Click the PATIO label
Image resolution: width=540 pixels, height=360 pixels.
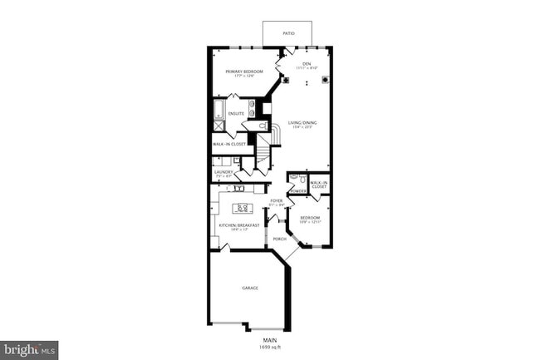(288, 33)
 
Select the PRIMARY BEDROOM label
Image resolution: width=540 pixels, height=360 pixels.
(244, 72)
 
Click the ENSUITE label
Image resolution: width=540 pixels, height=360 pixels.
(236, 113)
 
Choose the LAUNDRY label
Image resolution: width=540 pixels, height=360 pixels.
(223, 172)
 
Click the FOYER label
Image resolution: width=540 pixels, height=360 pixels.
(277, 200)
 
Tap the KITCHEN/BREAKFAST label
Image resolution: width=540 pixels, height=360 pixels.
(239, 224)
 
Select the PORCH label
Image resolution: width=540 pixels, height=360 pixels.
(279, 239)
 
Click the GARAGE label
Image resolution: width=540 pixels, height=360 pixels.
(250, 288)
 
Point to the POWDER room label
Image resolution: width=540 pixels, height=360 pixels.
(298, 191)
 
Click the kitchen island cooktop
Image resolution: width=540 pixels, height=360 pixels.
(243, 208)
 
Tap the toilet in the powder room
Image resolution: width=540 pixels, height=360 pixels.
(303, 178)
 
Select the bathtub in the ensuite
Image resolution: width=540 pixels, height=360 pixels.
(218, 110)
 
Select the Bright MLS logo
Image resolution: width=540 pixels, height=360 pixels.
(29, 349)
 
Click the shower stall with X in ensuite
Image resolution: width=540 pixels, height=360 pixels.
(218, 126)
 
